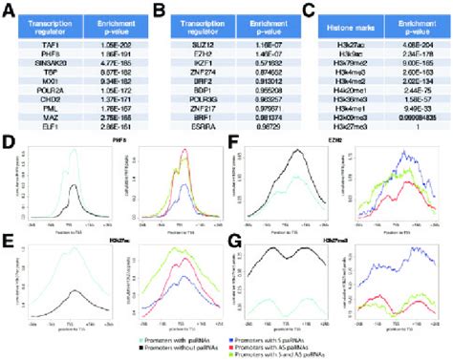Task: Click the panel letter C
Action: tap(308, 8)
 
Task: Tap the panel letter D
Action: tap(9, 140)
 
